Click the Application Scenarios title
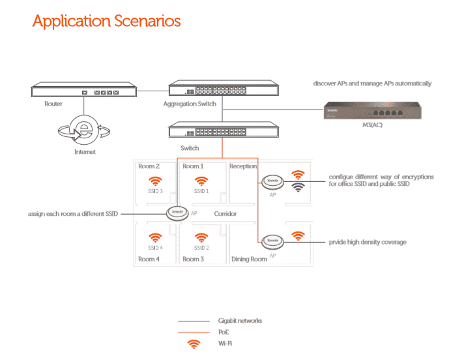[x=106, y=21]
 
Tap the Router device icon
[x=84, y=91]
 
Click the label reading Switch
[x=190, y=148]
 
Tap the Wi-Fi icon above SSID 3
[x=155, y=181]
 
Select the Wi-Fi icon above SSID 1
[x=201, y=181]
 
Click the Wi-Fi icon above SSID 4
[x=155, y=238]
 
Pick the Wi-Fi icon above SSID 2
[x=201, y=238]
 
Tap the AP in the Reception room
[x=271, y=181]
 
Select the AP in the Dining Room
[x=271, y=242]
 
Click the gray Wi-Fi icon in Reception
[x=298, y=187]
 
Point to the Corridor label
[x=225, y=214]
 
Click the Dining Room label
[x=250, y=259]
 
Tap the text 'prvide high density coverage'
[x=368, y=242]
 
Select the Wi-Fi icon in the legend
[x=193, y=344]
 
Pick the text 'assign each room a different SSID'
[x=73, y=214]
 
